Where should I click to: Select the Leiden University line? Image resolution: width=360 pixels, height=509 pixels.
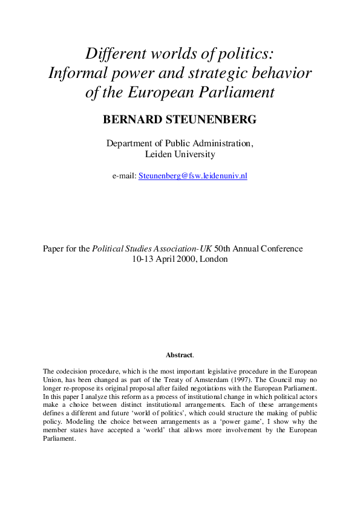pos(180,154)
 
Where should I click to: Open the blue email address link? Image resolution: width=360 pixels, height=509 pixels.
pos(193,176)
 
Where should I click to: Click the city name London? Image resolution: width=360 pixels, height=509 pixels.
pos(217,259)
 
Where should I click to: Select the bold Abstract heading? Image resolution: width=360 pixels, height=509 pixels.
pos(179,355)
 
